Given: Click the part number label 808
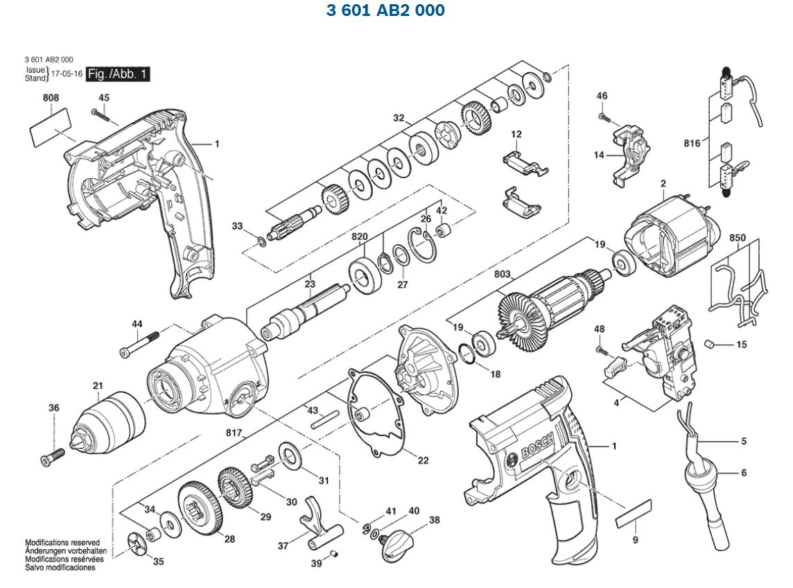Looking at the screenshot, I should coord(51,98).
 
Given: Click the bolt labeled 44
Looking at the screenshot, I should coord(139,345).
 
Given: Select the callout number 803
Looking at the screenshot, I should coord(503,275).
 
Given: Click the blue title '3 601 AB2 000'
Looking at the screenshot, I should coord(385,10).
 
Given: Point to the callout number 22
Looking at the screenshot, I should coord(423,460).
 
